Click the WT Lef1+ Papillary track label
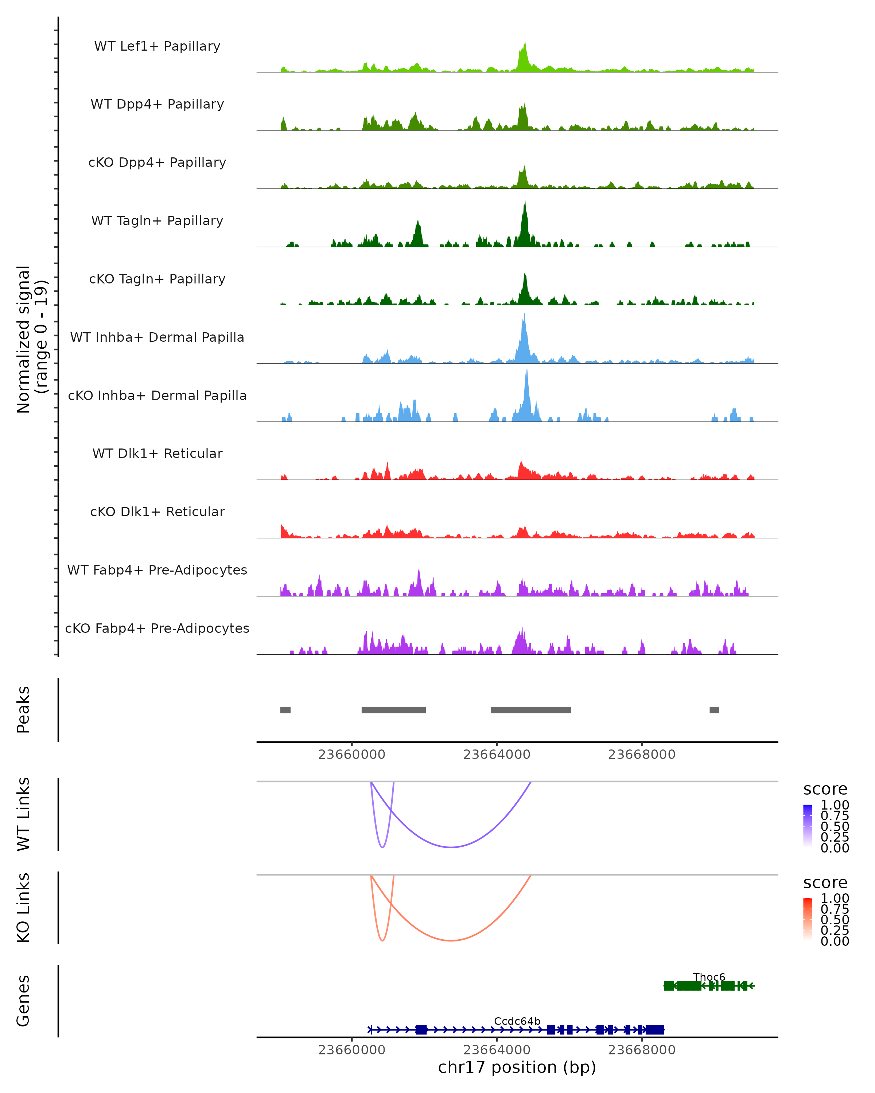coord(157,46)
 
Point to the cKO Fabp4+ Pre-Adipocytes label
coord(157,628)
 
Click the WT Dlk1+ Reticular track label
coord(157,453)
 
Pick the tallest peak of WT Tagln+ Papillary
coord(525,203)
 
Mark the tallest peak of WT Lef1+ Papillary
coord(525,44)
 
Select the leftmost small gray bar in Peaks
coord(285,710)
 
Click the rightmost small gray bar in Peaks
coord(714,710)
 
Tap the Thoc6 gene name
coord(709,977)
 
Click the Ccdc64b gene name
coord(517,1021)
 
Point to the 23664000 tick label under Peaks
coord(497,755)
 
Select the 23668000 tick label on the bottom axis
coord(642,1050)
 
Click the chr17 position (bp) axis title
coord(517,1067)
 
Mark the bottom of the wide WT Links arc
coord(450,847)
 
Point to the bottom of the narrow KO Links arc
coord(382,940)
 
